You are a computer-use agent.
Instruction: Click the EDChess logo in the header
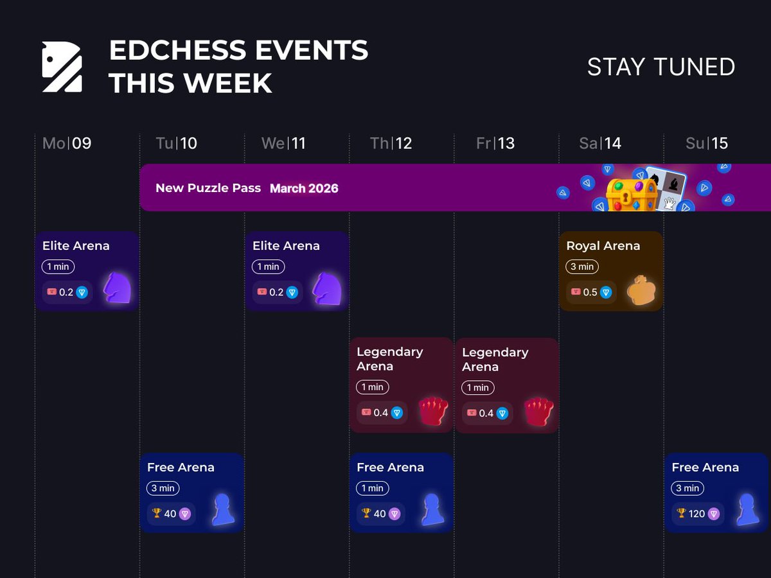[x=62, y=67]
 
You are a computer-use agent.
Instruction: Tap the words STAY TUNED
[x=660, y=67]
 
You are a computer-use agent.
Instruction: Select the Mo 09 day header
[x=67, y=143]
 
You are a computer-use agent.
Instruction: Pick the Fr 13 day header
[x=495, y=143]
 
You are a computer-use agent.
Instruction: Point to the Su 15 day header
[x=706, y=143]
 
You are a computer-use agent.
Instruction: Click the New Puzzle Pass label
[x=208, y=188]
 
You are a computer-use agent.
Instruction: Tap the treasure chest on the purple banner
[x=632, y=193]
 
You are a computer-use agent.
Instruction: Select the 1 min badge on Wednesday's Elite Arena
[x=268, y=267]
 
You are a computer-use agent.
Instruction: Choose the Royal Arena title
[x=603, y=246]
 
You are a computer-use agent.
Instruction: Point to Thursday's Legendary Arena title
[x=389, y=359]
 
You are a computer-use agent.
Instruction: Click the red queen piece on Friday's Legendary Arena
[x=538, y=412]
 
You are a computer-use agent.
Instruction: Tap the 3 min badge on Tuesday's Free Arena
[x=163, y=488]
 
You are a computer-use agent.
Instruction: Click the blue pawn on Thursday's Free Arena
[x=432, y=510]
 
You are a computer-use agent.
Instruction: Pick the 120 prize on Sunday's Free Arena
[x=697, y=514]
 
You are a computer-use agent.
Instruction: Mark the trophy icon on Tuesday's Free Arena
[x=156, y=513]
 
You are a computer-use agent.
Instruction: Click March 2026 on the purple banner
[x=304, y=188]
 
